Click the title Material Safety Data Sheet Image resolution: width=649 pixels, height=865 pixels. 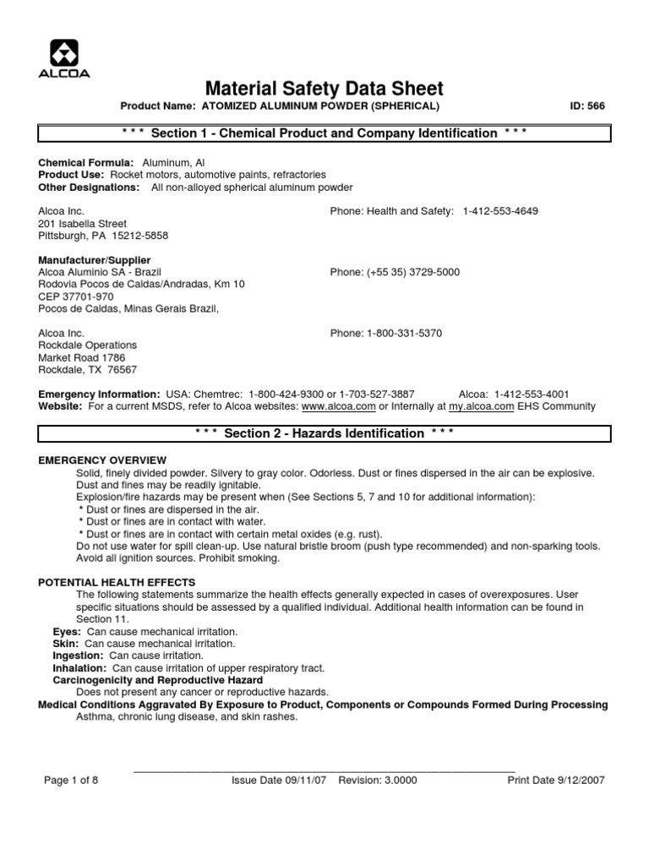324,89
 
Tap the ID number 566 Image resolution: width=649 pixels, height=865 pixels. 596,106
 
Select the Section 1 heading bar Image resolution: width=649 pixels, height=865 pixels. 324,133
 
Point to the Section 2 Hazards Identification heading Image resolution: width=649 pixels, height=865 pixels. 324,433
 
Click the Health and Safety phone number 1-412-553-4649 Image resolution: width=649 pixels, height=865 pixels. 500,211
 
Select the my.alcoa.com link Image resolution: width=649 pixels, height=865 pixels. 481,406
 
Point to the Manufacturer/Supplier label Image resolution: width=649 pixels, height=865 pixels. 95,260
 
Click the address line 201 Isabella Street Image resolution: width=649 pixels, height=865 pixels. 82,224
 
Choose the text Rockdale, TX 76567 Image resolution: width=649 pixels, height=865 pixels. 88,370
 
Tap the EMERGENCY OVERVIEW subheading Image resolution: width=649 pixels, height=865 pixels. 103,460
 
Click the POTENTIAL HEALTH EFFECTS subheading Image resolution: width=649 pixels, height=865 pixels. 117,582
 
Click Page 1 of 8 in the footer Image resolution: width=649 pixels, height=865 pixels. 71,781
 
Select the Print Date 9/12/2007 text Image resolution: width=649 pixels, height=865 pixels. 555,781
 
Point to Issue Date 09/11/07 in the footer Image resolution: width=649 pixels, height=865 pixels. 281,781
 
